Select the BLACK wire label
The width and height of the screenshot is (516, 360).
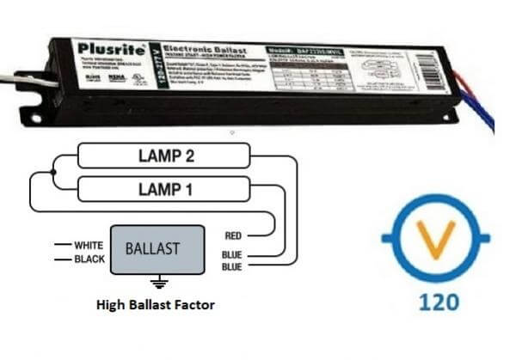coord(89,258)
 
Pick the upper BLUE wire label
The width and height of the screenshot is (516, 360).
coord(233,254)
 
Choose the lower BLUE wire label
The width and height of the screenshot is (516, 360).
coord(233,266)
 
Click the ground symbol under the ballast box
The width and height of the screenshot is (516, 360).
coord(156,283)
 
